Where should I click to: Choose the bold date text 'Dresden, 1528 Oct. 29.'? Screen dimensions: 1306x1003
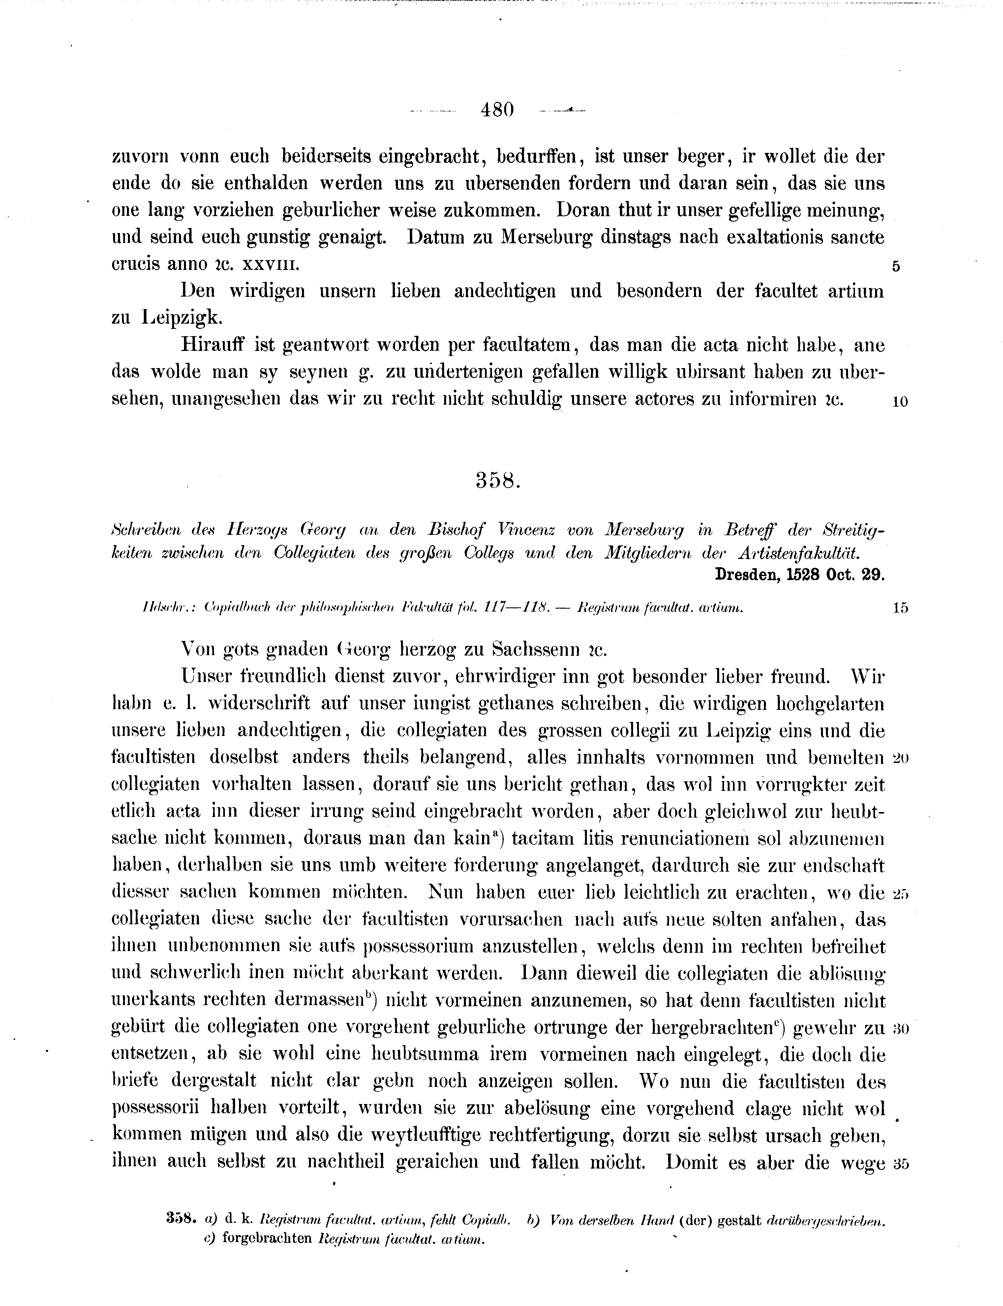[800, 574]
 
